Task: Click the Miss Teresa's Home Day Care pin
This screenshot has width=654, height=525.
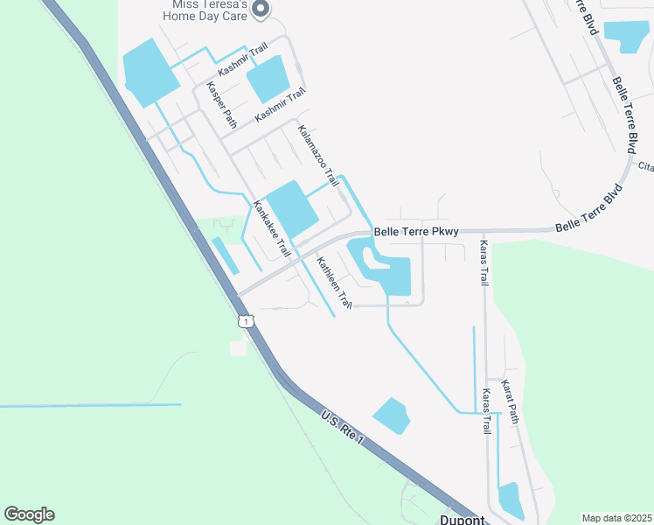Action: pos(260,9)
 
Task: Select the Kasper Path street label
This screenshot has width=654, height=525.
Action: pos(221,105)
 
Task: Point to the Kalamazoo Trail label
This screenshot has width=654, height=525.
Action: pos(317,156)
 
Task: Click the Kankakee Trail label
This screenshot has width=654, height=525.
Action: pos(272,229)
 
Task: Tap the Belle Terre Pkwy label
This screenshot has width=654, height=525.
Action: pos(416,232)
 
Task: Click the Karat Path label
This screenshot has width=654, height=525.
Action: pos(511,401)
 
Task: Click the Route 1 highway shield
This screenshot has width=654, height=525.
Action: pos(247,321)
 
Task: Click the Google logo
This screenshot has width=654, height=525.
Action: pos(29,514)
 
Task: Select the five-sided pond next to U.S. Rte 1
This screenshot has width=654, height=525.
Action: pos(391,416)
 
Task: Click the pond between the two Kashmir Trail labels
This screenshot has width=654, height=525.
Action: pos(268,79)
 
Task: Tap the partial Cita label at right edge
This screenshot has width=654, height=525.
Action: pos(646,166)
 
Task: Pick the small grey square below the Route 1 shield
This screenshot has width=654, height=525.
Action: pos(238,348)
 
